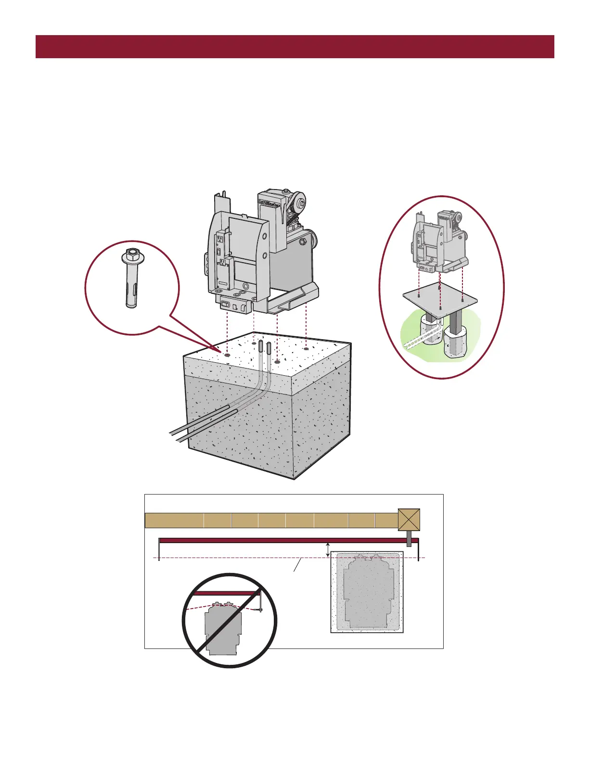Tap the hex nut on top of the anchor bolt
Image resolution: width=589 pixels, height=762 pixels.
coord(130,254)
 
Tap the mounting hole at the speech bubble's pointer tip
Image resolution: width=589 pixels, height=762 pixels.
coord(227,355)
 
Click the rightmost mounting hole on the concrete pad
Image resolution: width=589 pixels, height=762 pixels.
coord(306,349)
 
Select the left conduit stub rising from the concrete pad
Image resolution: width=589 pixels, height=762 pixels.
coord(260,346)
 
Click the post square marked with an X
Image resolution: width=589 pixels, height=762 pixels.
coord(409,520)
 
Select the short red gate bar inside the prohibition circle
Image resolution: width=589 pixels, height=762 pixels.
coord(226,594)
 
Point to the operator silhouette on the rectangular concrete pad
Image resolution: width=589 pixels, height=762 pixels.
coord(367,592)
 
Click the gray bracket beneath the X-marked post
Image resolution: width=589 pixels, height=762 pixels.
coord(409,538)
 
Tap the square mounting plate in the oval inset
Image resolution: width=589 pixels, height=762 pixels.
coord(441,302)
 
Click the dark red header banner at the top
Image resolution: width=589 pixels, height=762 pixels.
coord(294,47)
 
